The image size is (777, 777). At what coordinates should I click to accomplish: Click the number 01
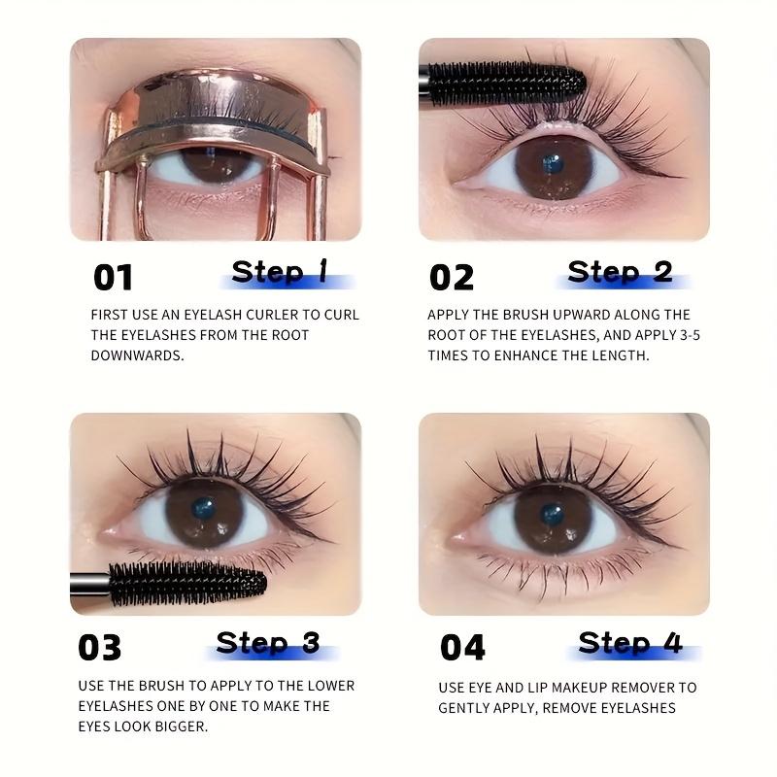point(113,278)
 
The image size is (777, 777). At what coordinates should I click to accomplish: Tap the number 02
point(452,278)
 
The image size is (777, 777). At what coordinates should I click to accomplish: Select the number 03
point(100,648)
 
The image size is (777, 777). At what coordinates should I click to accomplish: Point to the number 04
point(463,648)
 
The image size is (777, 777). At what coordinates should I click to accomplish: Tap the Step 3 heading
point(267,643)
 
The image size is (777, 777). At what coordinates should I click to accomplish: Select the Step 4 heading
point(629,643)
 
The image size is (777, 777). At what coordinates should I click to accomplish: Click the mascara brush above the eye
point(505,84)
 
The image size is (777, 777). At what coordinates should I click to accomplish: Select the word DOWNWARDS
point(137,355)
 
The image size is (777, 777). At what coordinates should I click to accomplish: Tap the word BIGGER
point(185,726)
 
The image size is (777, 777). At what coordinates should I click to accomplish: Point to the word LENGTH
point(617,355)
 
